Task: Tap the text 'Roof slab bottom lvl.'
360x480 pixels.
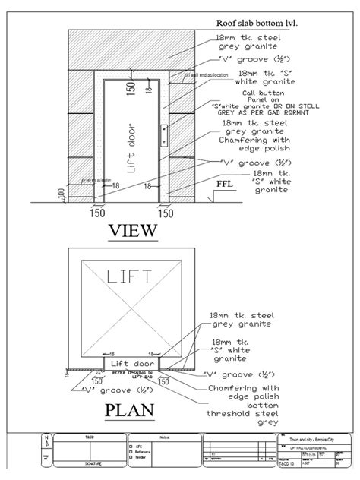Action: [256, 23]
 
